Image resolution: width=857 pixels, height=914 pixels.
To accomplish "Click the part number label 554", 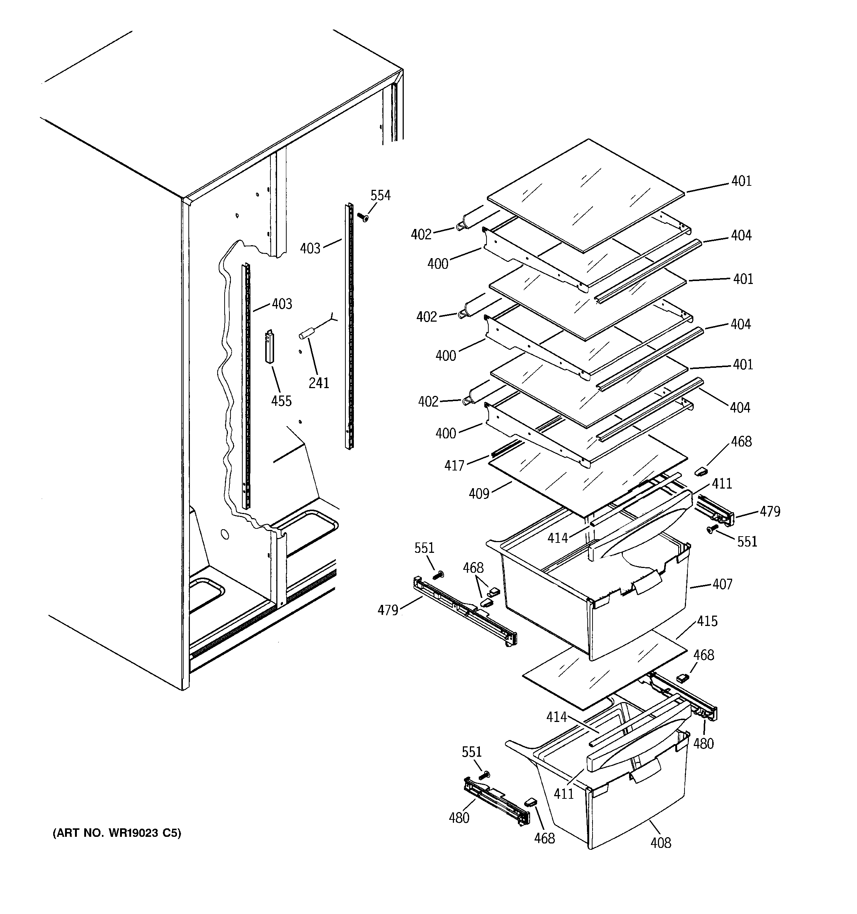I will [380, 195].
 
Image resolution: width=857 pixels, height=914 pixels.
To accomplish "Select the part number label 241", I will [318, 383].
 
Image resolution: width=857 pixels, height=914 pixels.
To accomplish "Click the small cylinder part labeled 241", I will [306, 332].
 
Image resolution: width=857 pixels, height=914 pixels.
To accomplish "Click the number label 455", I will [281, 401].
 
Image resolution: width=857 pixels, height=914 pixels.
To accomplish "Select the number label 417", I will [454, 466].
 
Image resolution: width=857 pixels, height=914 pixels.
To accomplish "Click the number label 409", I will [478, 494].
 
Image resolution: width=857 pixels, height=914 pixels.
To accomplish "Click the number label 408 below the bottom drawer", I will [660, 843].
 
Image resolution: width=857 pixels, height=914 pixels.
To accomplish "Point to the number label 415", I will [707, 621].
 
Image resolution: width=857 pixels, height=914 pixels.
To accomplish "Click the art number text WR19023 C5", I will [117, 833].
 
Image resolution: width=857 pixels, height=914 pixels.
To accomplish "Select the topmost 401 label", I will [741, 181].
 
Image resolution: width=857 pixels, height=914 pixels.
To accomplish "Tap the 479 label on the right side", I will [769, 511].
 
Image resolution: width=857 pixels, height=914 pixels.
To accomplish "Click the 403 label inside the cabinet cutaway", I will [281, 304].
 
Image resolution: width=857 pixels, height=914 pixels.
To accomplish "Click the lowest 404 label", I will [739, 407].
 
